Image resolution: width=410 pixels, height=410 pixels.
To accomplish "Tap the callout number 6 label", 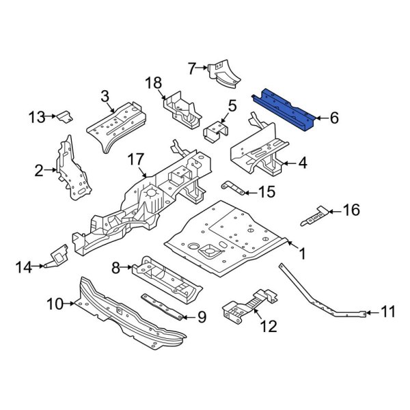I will pos(334,118).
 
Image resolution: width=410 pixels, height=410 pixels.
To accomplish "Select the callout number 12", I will pos(269,327).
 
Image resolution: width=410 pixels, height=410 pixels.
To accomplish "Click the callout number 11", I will pos(387,313).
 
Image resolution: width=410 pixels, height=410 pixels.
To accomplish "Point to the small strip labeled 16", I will pos(312,217).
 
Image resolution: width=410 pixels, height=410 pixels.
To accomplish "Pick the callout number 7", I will pos(192,67).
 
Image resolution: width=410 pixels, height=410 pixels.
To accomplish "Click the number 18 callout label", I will pos(154,83).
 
